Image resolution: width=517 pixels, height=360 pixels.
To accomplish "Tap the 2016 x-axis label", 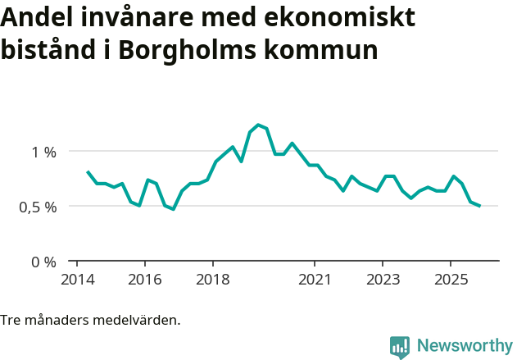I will (x=144, y=279).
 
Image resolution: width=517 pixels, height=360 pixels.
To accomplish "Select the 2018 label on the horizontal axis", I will (x=212, y=279).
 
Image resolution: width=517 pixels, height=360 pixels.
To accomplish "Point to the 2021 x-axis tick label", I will (x=315, y=279).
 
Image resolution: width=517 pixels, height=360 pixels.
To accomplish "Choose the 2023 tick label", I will (x=383, y=279).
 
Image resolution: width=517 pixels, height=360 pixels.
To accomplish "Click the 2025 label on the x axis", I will (x=451, y=279).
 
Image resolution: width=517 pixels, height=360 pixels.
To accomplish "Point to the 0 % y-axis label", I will (x=44, y=262).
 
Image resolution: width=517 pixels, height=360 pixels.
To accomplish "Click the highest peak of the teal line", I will (x=258, y=125).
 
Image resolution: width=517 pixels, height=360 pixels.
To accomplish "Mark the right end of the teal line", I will (x=479, y=206).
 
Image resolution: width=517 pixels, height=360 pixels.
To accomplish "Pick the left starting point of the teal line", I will (x=87, y=171).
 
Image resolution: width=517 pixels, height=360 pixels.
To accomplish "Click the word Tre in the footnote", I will (x=11, y=320).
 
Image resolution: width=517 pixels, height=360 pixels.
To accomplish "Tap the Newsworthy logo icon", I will (x=400, y=347).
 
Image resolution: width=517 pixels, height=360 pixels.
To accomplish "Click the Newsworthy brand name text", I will (x=465, y=346).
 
